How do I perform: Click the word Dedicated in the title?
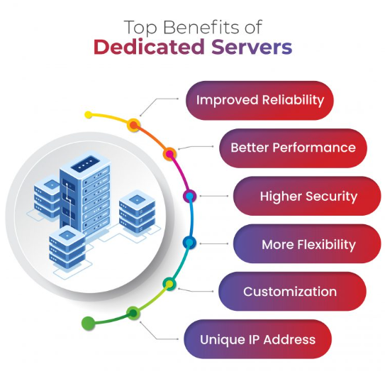150,47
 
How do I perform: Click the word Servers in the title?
252,47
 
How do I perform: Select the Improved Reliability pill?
260,100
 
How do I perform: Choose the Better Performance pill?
293,148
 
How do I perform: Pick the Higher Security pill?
307,196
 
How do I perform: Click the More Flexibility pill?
307,243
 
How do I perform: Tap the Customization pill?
292,291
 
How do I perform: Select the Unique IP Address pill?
258,339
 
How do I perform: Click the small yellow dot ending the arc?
88,114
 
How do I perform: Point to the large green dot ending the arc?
88,323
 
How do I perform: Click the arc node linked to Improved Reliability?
133,125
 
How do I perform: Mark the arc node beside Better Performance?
169,154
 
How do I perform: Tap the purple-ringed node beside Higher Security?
190,196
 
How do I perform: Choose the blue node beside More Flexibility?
189,243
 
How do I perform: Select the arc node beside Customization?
169,284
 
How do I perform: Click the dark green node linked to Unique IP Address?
133,313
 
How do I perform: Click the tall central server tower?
84,194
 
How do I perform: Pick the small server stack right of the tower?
137,211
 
